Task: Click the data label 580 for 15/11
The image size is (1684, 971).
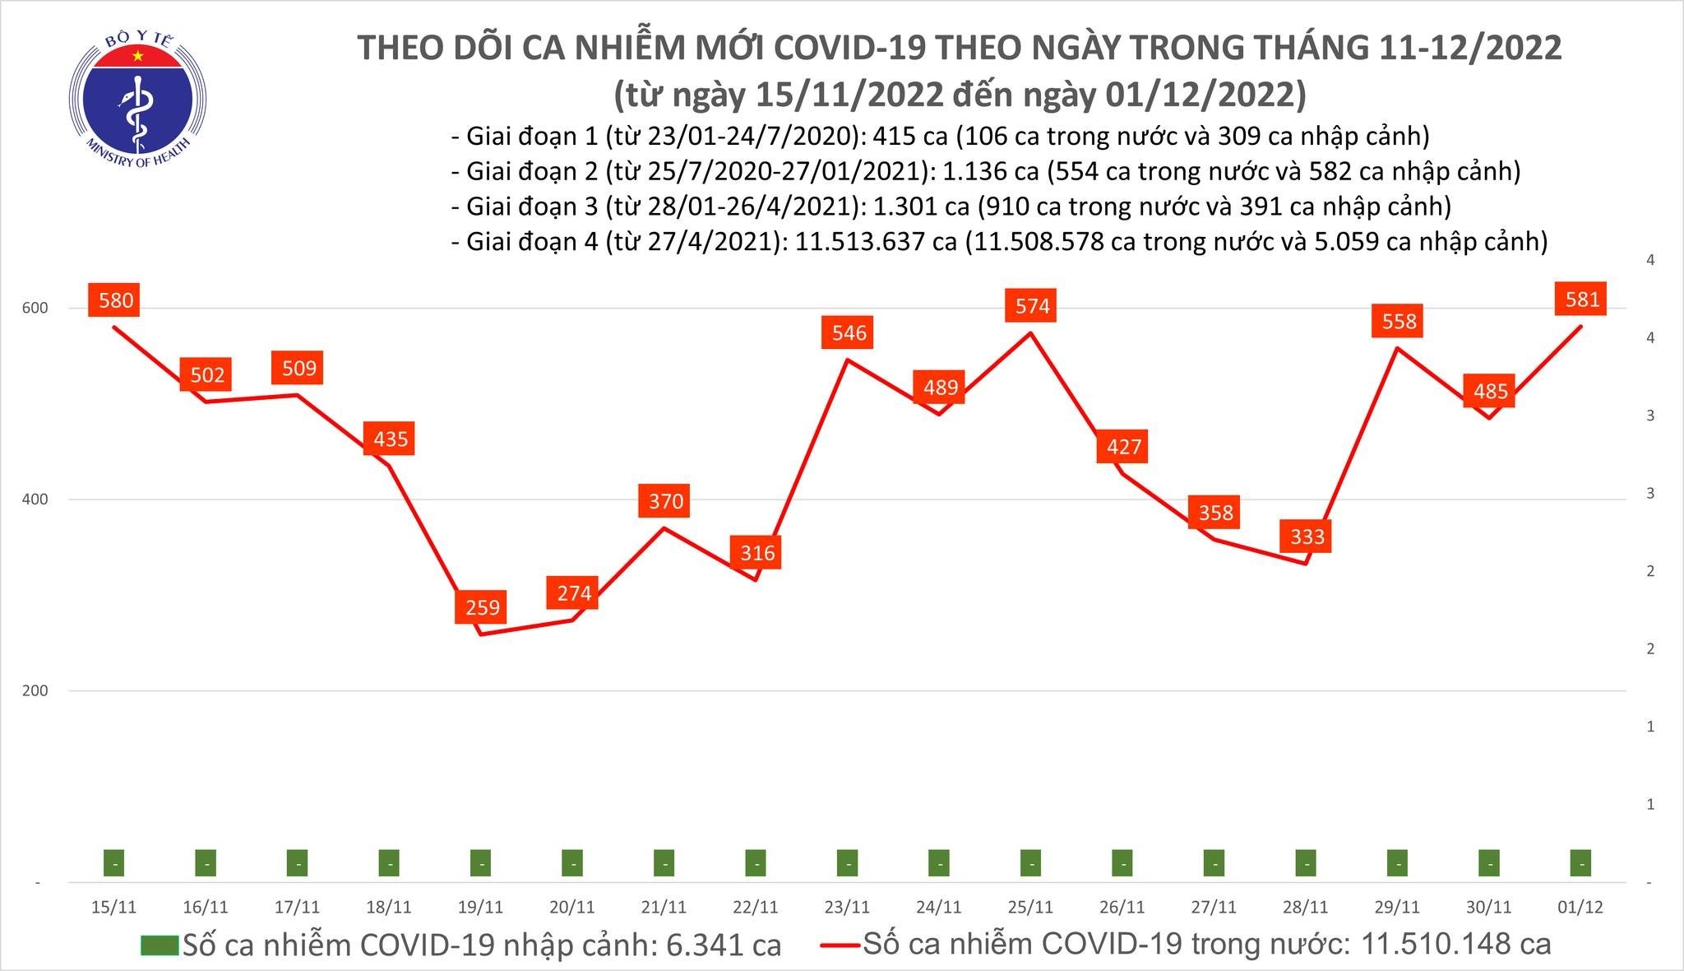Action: coord(116,300)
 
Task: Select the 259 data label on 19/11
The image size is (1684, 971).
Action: coord(483,607)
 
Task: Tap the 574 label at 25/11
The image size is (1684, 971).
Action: coord(1032,306)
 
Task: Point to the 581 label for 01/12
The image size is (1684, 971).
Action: coord(1582,300)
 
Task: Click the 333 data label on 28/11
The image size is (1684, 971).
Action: coord(1307,537)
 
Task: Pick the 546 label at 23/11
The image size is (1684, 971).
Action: coord(849,332)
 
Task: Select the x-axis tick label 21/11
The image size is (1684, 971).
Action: coord(664,907)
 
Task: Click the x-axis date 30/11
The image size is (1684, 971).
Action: coord(1489,907)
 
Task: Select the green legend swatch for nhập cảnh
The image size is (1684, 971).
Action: coord(159,945)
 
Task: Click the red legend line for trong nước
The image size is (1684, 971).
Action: coord(840,945)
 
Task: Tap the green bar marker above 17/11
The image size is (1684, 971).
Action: coord(298,863)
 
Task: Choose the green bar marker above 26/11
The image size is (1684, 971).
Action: coord(1122,863)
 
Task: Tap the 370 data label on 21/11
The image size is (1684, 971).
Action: coord(665,501)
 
